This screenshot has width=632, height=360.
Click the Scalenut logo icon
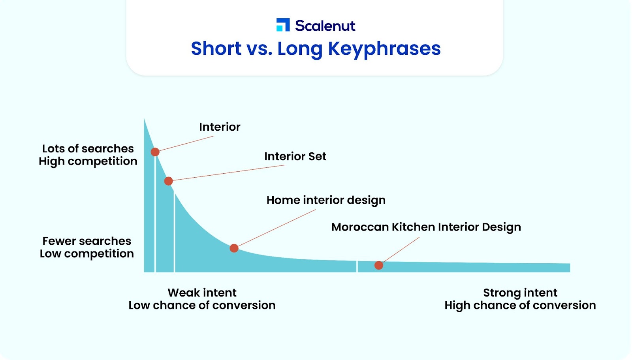pyautogui.click(x=283, y=25)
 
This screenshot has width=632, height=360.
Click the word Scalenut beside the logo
pyautogui.click(x=325, y=26)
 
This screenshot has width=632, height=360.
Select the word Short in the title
pyautogui.click(x=216, y=48)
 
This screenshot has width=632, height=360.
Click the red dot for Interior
pyautogui.click(x=155, y=152)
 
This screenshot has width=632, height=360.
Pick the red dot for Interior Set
pyautogui.click(x=168, y=181)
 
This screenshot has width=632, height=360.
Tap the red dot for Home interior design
pyautogui.click(x=234, y=248)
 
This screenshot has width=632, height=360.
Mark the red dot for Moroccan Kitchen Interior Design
pyautogui.click(x=379, y=265)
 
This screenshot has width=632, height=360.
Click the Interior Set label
pyautogui.click(x=295, y=156)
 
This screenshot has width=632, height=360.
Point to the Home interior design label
pyautogui.click(x=326, y=201)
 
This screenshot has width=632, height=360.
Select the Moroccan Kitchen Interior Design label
pyautogui.click(x=426, y=227)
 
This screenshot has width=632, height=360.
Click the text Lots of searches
pyautogui.click(x=88, y=148)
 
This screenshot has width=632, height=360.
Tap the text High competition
pyautogui.click(x=88, y=161)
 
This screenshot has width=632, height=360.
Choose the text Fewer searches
pyautogui.click(x=87, y=241)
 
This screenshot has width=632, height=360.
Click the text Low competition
pyautogui.click(x=87, y=254)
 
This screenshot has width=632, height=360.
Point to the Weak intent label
pyautogui.click(x=202, y=292)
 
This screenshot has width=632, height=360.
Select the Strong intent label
pyautogui.click(x=520, y=293)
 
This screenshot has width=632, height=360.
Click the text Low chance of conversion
pyautogui.click(x=202, y=305)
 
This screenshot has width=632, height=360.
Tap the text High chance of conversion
pyautogui.click(x=520, y=305)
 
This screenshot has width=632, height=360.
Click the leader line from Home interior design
pyautogui.click(x=277, y=228)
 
